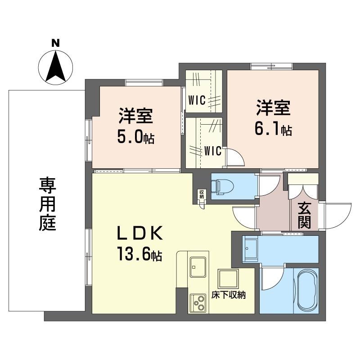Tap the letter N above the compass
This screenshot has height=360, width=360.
click(56, 43)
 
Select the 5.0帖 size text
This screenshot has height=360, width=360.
click(135, 137)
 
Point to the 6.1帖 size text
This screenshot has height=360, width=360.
click(273, 130)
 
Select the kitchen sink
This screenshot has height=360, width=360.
click(197, 267)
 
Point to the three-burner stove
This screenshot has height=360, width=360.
click(198, 303)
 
